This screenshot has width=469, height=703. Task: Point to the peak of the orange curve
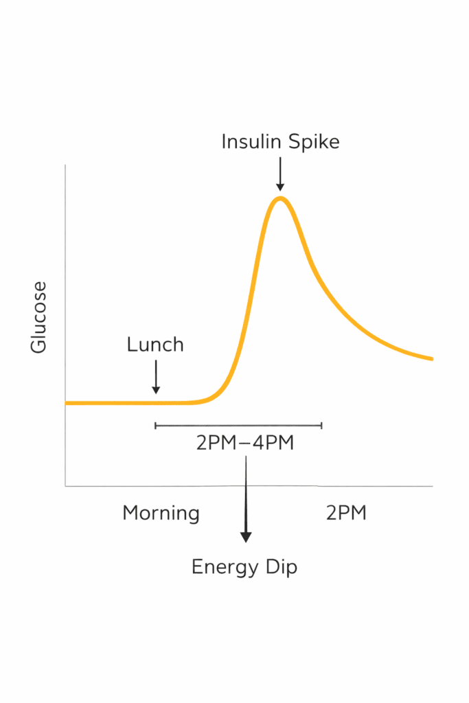tap(279, 198)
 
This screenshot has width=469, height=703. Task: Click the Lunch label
tap(155, 344)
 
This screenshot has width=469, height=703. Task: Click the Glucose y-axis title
tap(39, 317)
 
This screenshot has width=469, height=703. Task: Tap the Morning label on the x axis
tap(161, 513)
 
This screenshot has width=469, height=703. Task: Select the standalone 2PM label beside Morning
tap(346, 513)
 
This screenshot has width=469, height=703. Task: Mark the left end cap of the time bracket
tap(156, 426)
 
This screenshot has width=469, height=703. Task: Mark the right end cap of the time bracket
tap(321, 426)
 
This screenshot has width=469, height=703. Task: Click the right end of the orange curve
tap(431, 358)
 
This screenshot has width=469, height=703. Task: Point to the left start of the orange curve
tap(67, 402)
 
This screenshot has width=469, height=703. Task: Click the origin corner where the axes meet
tap(65, 486)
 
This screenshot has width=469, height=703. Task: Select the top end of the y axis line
tap(65, 165)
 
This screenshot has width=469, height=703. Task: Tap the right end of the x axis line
tap(433, 486)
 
